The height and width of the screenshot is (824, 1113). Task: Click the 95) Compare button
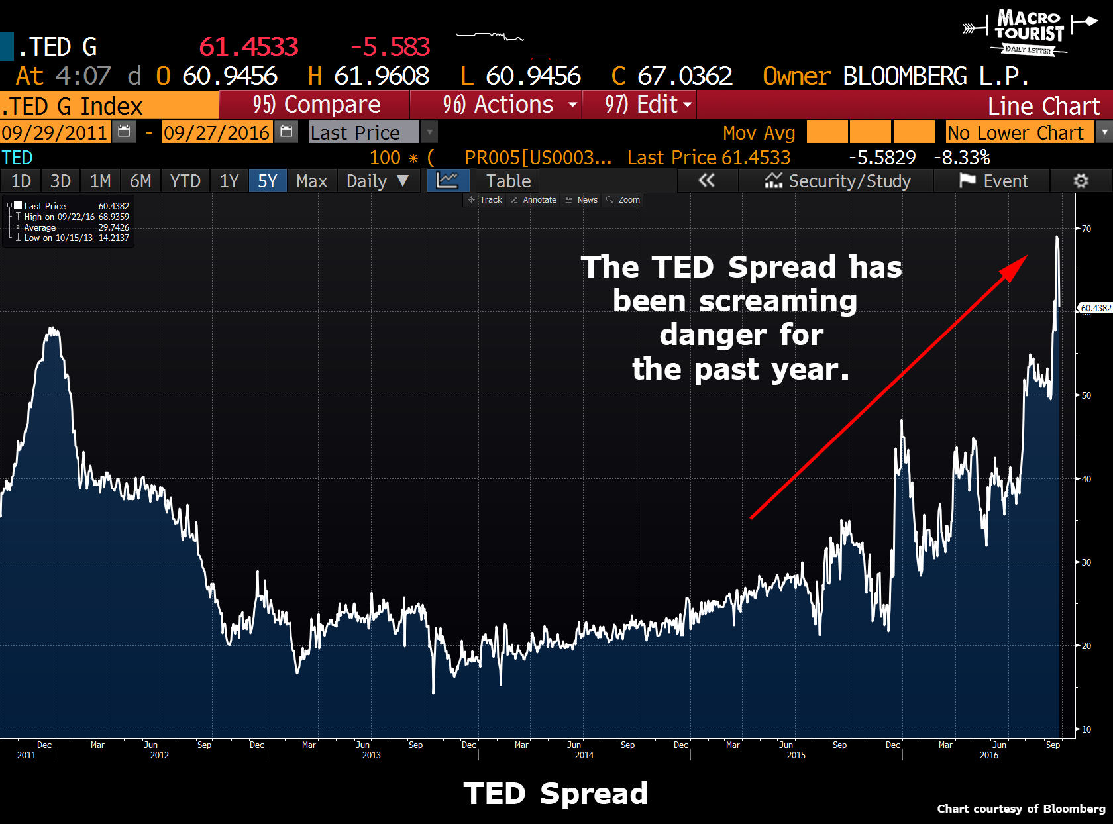tap(316, 105)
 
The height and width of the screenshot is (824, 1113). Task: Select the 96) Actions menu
tap(498, 105)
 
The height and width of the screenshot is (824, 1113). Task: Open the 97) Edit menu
tap(641, 105)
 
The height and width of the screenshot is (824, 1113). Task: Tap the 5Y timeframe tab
tap(268, 181)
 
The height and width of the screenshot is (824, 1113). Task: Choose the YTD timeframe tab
tap(185, 181)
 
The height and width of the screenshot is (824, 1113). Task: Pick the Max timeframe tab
tap(311, 181)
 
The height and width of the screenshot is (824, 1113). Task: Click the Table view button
tap(508, 181)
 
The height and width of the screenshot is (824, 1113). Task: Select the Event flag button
tap(993, 181)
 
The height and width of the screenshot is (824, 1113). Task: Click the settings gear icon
tap(1081, 181)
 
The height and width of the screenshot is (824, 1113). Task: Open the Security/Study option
tap(837, 181)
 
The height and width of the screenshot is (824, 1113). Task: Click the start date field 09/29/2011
tap(54, 132)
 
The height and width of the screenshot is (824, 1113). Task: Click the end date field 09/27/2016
tap(217, 132)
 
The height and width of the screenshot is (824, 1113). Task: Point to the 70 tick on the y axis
tap(1086, 229)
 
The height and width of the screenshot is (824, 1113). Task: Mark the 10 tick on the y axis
tap(1086, 729)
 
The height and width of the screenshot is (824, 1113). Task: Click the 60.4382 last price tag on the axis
tap(1095, 308)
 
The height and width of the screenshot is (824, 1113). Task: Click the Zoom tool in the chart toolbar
tap(623, 200)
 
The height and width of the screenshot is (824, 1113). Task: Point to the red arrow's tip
tap(1026, 256)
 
